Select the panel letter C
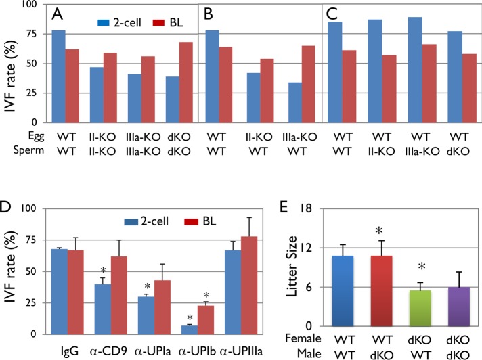click(x=332, y=14)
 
